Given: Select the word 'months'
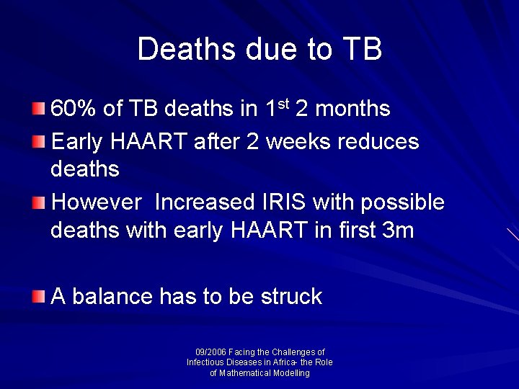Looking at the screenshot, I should point(353,109).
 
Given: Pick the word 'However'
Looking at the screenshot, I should point(97,202).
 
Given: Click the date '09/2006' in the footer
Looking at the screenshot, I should point(210,352).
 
